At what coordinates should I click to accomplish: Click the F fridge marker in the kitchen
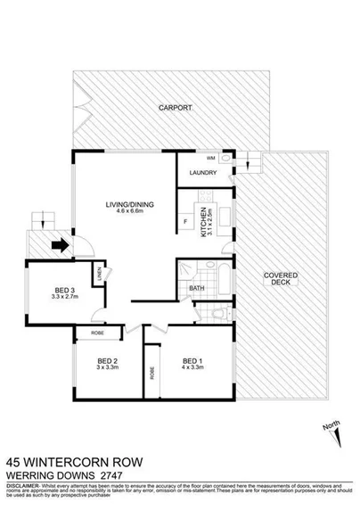(x=184, y=219)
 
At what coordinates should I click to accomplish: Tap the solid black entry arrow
(x=60, y=245)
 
